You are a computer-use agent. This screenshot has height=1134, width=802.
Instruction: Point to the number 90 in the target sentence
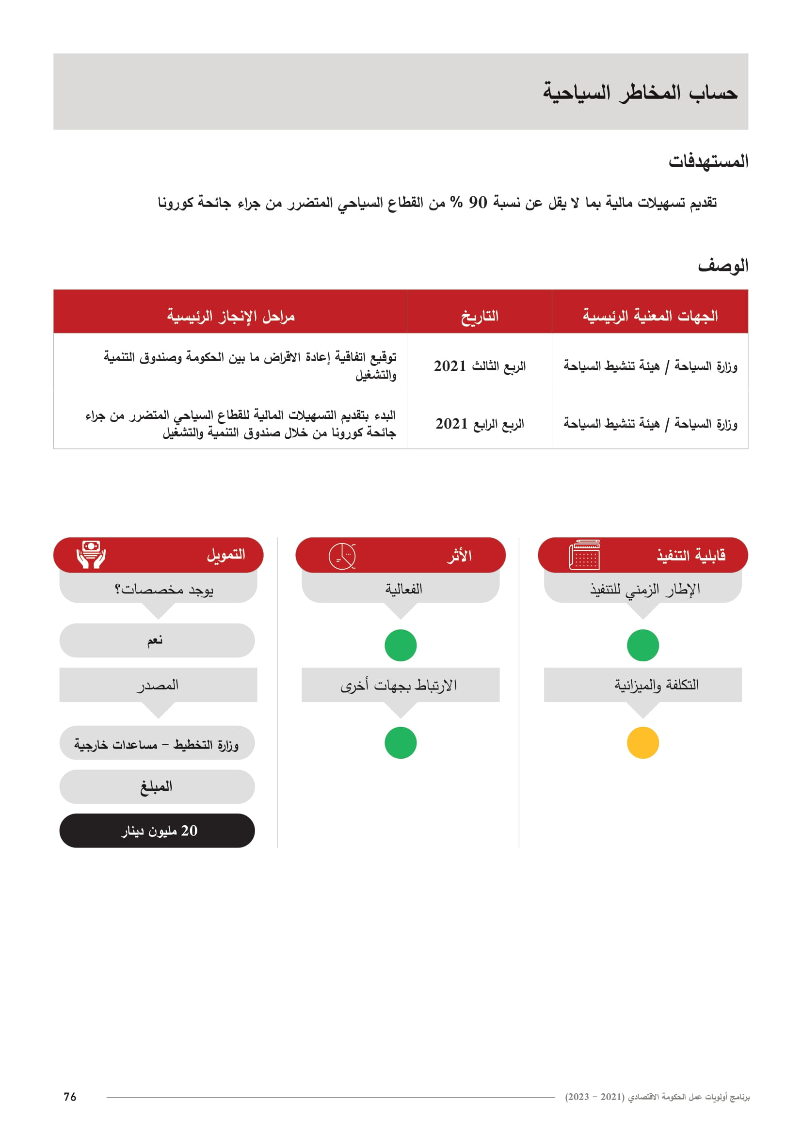(478, 203)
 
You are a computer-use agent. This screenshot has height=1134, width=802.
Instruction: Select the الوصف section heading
(722, 266)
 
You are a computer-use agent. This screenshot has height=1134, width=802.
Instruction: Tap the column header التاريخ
(479, 316)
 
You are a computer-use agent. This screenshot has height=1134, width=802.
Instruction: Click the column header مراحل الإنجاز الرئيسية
(231, 316)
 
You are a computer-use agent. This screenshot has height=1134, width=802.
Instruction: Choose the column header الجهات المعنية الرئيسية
(650, 316)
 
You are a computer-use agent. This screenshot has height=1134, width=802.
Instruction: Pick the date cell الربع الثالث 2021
(479, 366)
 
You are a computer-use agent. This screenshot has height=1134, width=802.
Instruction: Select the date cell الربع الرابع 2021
(479, 424)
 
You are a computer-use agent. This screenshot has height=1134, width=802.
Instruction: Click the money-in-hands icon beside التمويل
(91, 554)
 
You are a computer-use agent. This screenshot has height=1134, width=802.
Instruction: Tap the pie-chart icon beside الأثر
(342, 556)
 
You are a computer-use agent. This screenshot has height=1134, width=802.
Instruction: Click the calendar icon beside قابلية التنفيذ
(584, 555)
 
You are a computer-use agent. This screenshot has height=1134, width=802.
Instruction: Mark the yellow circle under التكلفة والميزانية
(642, 742)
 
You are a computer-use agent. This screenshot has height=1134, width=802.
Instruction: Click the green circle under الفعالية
(401, 645)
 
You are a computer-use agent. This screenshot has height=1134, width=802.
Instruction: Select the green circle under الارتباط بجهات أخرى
(401, 742)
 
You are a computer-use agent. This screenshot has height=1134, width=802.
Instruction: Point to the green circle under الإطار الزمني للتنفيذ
(642, 645)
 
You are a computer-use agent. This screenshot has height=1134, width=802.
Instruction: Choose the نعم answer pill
(157, 640)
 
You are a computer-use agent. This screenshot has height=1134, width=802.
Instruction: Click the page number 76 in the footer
(70, 1097)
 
